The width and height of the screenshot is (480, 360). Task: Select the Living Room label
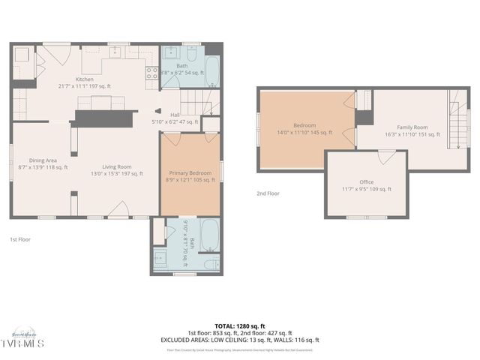(x=117, y=170)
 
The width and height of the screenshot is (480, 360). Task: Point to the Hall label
(x=175, y=118)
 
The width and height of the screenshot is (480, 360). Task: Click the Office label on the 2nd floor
(x=366, y=185)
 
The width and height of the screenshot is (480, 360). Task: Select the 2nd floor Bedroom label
(x=304, y=129)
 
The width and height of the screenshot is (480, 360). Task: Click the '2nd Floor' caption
(x=268, y=193)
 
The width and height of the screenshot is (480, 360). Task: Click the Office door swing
(x=387, y=156)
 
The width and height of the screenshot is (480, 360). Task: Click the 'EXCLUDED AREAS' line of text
(x=240, y=339)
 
